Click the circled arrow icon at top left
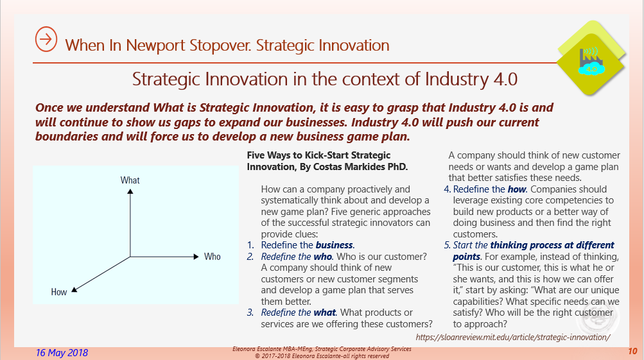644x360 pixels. coord(46,39)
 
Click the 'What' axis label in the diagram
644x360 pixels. coord(130,180)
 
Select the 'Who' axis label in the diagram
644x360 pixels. coord(212,257)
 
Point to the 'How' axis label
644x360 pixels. coord(59,292)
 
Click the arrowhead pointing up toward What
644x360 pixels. coord(130,192)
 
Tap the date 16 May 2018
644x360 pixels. coord(62,353)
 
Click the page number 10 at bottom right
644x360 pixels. coord(632,352)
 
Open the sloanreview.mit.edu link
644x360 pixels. coord(512,337)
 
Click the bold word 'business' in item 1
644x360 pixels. coord(334,244)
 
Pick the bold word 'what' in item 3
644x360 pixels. coord(325,313)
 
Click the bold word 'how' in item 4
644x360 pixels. coord(518,189)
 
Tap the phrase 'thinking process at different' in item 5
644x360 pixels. coord(552,245)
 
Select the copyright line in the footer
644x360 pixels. coord(322,356)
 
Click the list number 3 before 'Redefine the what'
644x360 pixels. coord(251,313)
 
